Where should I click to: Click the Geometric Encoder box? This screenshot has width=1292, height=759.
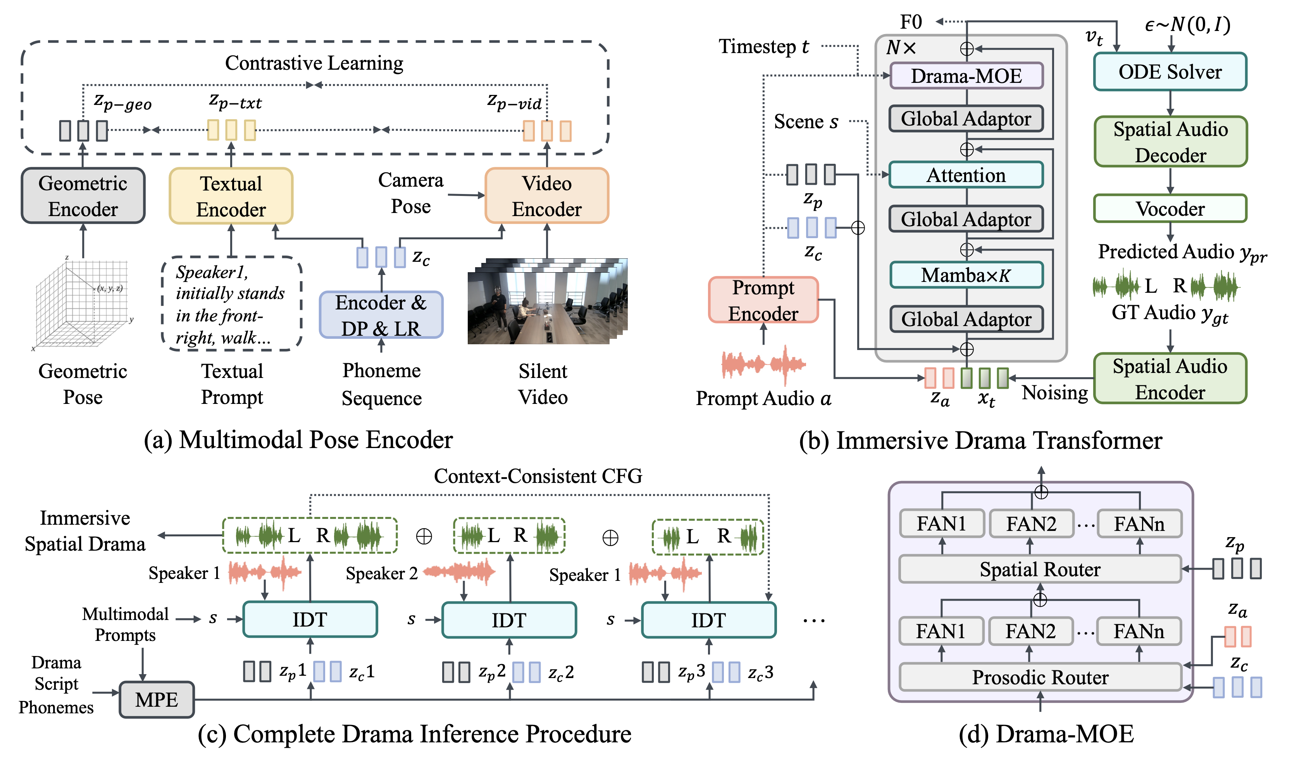click(x=83, y=196)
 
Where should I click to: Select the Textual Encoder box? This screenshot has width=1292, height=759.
click(x=231, y=196)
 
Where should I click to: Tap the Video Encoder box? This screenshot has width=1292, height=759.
click(x=547, y=196)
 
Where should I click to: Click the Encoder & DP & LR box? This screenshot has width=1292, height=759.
click(x=381, y=315)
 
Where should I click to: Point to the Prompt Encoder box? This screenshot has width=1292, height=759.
click(x=763, y=301)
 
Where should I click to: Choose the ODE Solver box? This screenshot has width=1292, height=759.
click(x=1170, y=72)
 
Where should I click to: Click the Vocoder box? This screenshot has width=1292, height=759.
click(x=1170, y=209)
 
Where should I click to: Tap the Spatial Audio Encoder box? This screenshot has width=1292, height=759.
click(x=1170, y=379)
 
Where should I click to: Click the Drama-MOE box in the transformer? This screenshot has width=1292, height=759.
click(x=966, y=76)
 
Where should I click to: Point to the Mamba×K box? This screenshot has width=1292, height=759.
click(x=966, y=275)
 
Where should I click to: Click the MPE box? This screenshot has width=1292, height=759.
click(x=157, y=699)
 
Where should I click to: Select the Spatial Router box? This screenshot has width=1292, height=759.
click(x=1040, y=569)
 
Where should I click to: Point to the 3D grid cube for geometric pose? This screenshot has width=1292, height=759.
click(x=82, y=305)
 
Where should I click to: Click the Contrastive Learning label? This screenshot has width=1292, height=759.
click(x=314, y=63)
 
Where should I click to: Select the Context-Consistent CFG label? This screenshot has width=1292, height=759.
click(x=538, y=476)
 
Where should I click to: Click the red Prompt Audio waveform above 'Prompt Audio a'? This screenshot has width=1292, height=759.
click(x=763, y=364)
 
